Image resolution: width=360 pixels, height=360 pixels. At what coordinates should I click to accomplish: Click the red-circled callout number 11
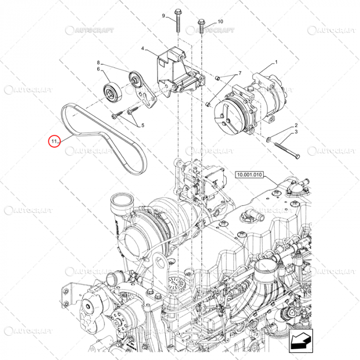click(x=53, y=140)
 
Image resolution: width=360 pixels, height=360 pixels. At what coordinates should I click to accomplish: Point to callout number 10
click(x=220, y=22)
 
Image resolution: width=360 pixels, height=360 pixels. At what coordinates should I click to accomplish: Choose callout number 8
click(x=98, y=62)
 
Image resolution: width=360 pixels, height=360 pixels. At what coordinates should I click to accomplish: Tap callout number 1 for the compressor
click(x=276, y=62)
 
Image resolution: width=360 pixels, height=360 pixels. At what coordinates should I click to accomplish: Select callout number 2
click(x=296, y=125)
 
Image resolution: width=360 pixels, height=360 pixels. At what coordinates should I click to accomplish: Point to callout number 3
click(x=296, y=133)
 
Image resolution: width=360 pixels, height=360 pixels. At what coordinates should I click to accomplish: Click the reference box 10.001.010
click(x=249, y=175)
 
